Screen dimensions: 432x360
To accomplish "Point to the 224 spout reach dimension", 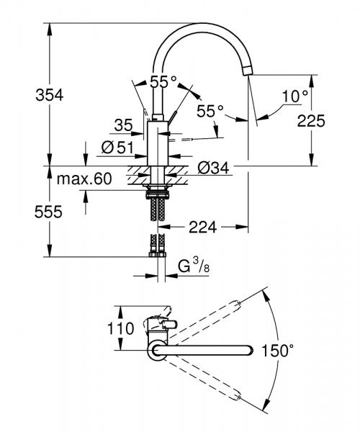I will [x=203, y=227].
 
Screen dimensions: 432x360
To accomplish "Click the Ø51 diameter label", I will [x=118, y=148].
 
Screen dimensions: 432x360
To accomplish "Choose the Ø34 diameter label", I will [x=213, y=168].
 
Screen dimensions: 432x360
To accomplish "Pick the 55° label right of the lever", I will [x=211, y=111].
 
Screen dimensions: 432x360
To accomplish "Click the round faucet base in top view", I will [x=156, y=351].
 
